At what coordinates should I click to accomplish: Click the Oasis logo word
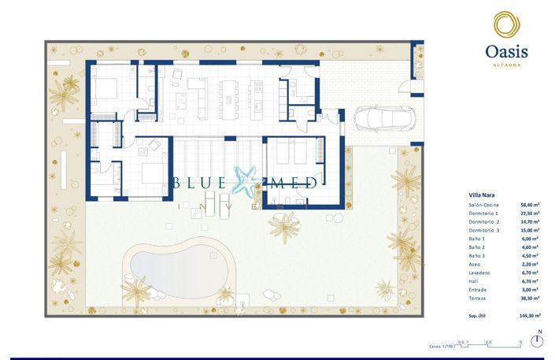[x=506, y=52]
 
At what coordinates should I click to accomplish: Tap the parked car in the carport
[x=388, y=121]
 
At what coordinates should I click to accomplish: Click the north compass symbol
[x=537, y=340]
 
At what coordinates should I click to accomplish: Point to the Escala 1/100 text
[x=441, y=346]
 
